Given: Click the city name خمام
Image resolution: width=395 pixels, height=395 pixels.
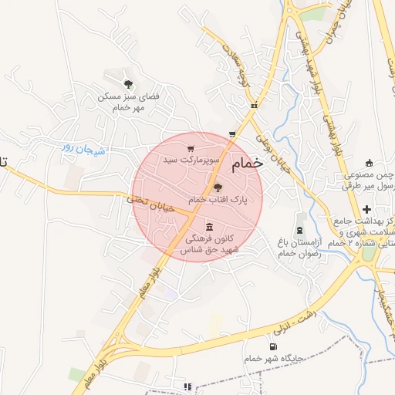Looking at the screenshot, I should tap(247, 163).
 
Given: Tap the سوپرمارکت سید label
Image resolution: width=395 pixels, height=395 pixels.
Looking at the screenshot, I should tap(192, 160).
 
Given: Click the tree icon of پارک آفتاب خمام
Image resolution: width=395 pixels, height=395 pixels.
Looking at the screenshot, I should tap(217, 187).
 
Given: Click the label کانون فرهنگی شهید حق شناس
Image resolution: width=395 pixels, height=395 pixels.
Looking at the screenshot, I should tap(211, 245).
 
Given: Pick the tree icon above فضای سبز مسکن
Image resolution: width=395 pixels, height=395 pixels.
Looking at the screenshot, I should tap(128, 84).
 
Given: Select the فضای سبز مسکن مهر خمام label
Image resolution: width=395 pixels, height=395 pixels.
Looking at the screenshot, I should tap(128, 103).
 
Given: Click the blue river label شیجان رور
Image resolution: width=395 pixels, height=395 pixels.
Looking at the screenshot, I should tap(78, 147).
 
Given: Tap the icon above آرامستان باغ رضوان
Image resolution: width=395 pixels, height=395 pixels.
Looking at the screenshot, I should tap(300, 231).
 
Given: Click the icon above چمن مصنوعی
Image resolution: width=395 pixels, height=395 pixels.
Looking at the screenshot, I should tap(369, 163).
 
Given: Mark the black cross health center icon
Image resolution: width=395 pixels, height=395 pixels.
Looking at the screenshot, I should tap(366, 209).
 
